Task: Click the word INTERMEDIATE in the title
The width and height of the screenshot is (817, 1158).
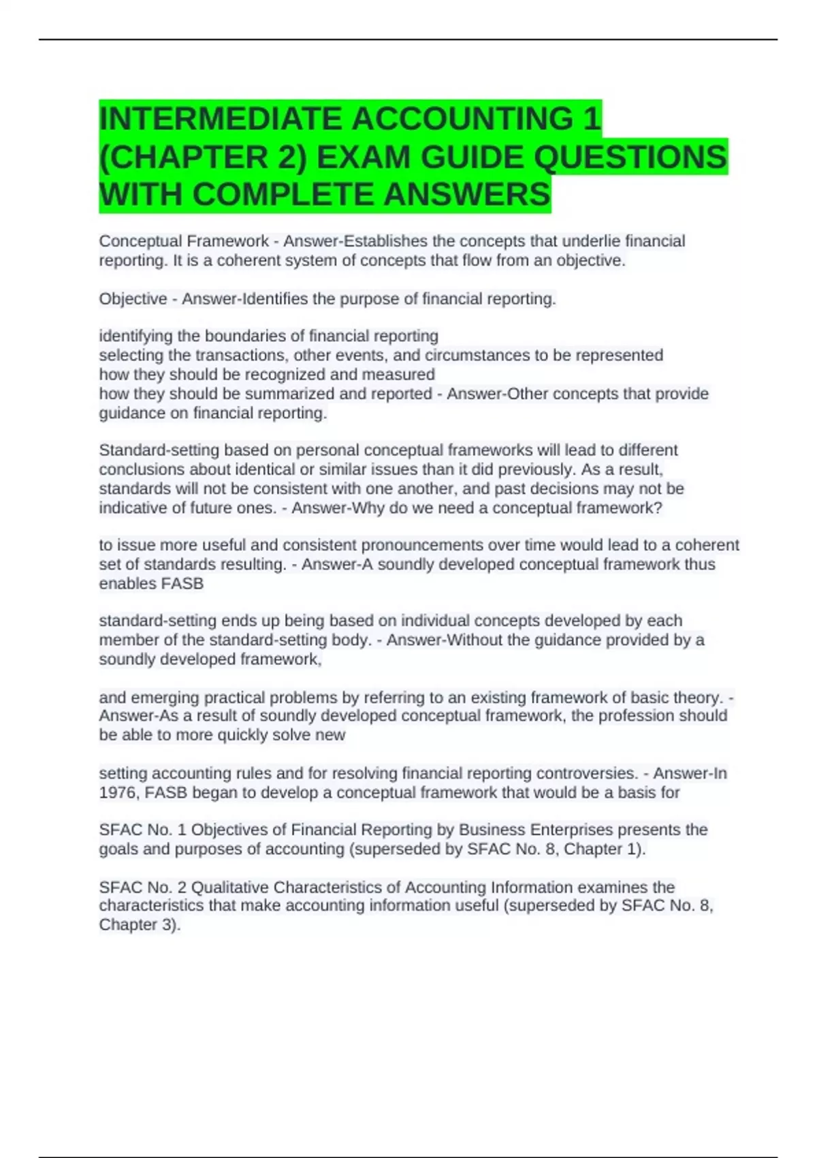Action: click(219, 119)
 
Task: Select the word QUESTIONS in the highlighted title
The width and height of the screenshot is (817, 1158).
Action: click(630, 157)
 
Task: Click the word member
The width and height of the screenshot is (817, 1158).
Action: click(129, 640)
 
